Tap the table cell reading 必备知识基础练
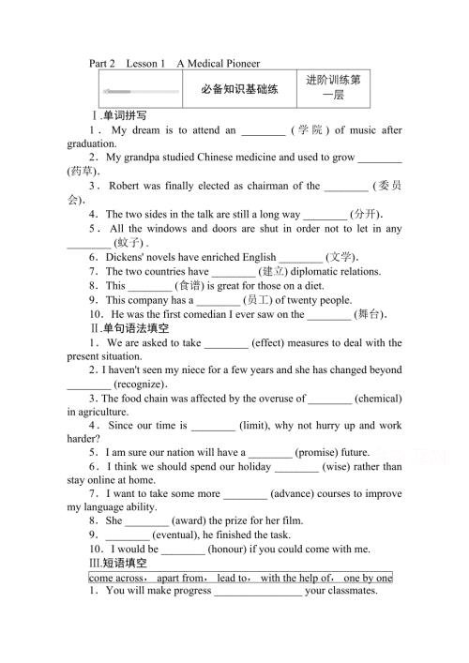[x=240, y=90]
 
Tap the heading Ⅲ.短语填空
[x=118, y=564]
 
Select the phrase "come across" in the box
[x=118, y=578]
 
